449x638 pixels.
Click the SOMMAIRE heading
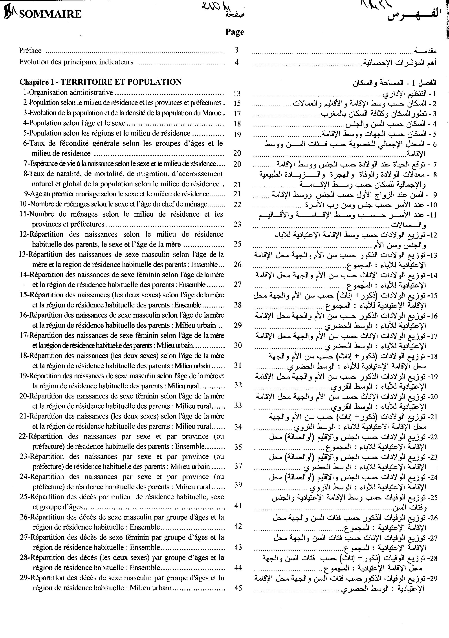pos(50,14)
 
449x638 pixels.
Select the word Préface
pos(30,51)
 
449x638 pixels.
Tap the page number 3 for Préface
pos(236,50)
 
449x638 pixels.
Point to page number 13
pos(237,93)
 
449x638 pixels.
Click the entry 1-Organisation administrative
pos(68,93)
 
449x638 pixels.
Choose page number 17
pos(237,113)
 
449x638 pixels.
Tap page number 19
pos(237,135)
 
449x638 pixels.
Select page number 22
pos(237,205)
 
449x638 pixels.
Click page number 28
pos(238,305)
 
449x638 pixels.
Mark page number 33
pos(238,405)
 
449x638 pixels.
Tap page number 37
pos(238,466)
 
